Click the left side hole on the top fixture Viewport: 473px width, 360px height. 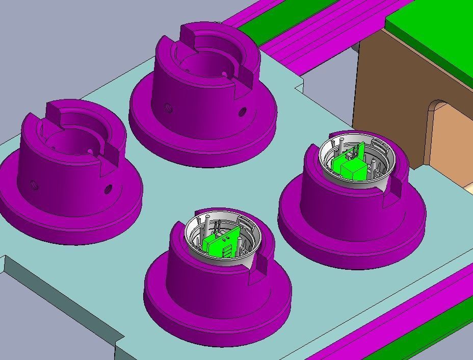pyautogui.click(x=167, y=108)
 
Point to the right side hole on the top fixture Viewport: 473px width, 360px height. pyautogui.click(x=242, y=111)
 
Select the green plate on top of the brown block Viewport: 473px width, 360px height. pyautogui.click(x=433, y=31)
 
